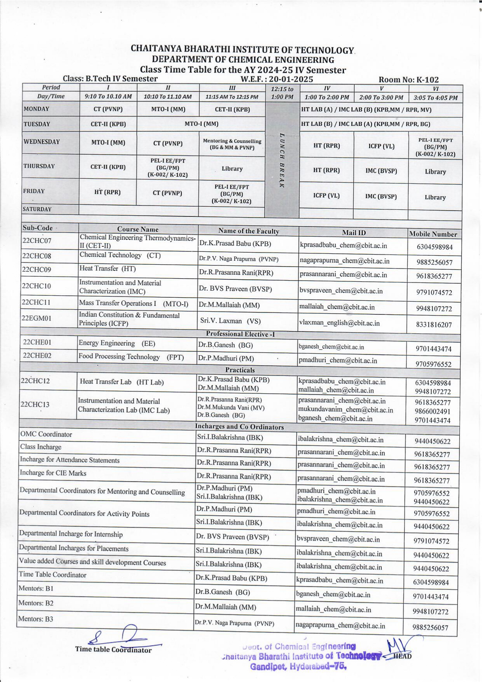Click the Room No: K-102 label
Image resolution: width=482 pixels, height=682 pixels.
(x=409, y=80)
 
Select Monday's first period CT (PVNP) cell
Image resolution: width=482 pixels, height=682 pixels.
(x=108, y=109)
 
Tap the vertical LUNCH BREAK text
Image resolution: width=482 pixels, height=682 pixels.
(x=282, y=160)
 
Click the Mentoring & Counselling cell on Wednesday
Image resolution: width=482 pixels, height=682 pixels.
(x=232, y=144)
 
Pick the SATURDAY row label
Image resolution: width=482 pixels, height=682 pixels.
(x=37, y=209)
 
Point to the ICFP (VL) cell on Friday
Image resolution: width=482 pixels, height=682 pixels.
(x=326, y=195)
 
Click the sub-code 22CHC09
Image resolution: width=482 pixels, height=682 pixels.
(x=37, y=269)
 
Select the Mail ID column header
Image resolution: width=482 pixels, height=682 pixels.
(x=354, y=232)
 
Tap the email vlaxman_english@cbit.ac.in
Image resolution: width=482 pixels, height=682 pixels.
(x=339, y=323)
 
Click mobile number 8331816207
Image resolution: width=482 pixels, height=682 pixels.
(x=434, y=324)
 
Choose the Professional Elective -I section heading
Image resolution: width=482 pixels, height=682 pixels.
(x=240, y=334)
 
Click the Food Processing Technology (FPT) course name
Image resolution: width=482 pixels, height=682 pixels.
(x=131, y=357)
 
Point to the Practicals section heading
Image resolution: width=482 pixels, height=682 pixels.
(x=240, y=370)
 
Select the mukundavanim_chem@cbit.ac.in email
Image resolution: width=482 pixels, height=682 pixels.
(x=346, y=410)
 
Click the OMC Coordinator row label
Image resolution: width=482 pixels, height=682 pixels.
(x=46, y=434)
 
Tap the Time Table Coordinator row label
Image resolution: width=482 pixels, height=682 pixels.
(x=52, y=574)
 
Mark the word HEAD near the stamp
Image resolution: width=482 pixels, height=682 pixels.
(x=402, y=656)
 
